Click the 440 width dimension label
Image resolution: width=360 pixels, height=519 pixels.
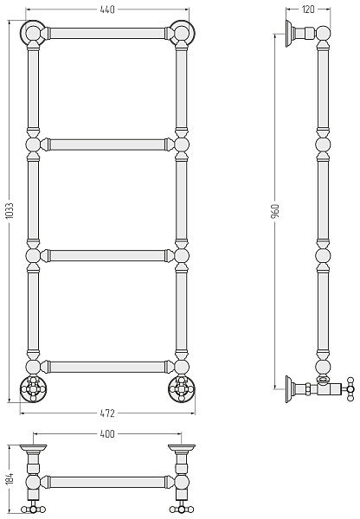tap(107, 10)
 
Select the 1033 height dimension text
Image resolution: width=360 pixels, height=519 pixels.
tap(10, 210)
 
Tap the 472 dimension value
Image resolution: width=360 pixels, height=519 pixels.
tap(107, 413)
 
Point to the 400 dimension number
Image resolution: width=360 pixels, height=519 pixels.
tap(107, 433)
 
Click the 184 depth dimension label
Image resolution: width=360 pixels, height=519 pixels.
tap(10, 479)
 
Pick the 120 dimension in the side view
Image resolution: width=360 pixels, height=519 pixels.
tap(308, 10)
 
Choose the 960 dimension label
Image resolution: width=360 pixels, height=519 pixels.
tap(275, 211)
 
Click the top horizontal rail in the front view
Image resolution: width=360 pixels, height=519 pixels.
tap(107, 33)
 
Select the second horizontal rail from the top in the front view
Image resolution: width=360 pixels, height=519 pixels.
tap(107, 144)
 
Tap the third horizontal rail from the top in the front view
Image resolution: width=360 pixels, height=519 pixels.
tap(107, 255)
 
